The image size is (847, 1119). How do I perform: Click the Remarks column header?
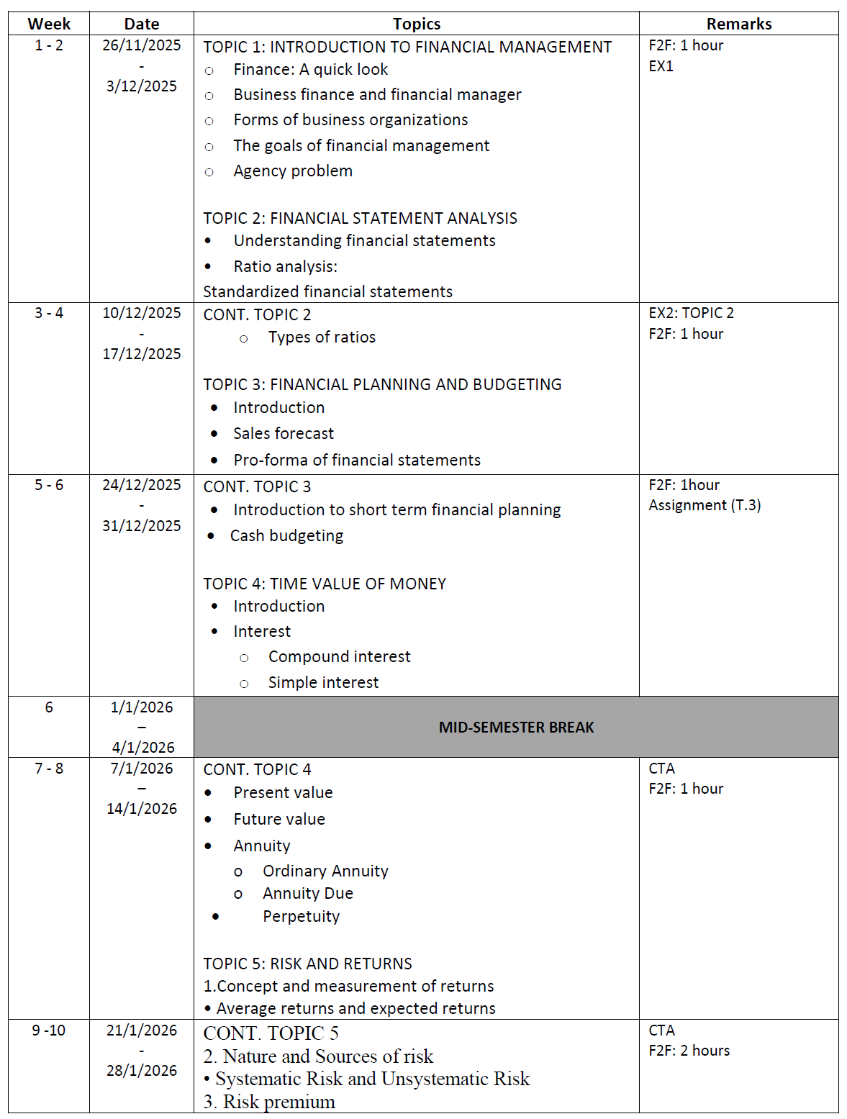[738, 24]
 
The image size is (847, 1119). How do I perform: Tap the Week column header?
[49, 24]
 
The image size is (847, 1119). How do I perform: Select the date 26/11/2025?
[142, 45]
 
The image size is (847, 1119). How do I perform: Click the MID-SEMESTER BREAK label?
[516, 728]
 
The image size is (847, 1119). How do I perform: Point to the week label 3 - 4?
[49, 313]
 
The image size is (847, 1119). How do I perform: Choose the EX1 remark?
[661, 66]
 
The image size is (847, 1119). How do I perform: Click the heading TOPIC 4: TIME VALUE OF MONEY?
[325, 584]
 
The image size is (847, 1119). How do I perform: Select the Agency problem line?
[293, 171]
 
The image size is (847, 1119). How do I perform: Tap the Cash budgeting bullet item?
[286, 536]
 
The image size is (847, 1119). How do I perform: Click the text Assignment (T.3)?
[705, 505]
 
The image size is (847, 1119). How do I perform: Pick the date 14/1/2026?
[142, 809]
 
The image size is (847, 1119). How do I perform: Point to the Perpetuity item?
[301, 917]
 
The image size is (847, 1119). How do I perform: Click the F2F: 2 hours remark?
[689, 1051]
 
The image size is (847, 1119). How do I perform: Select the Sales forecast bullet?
[284, 433]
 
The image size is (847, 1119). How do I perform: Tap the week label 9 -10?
[49, 1030]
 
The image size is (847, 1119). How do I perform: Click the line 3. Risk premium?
[269, 1102]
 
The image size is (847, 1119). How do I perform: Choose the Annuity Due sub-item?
[308, 894]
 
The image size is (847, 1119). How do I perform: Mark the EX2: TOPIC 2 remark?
[691, 313]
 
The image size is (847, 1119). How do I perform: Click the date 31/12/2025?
[142, 526]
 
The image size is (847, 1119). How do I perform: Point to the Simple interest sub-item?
[323, 683]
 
